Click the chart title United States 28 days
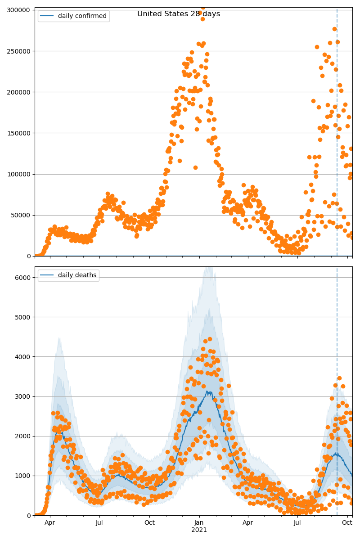(179, 14)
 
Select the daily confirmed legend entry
(82, 16)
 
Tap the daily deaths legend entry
(77, 275)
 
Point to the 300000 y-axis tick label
(19, 10)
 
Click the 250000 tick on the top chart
(19, 51)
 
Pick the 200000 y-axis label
(19, 92)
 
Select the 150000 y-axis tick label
(19, 133)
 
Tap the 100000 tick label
(19, 174)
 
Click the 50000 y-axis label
(21, 215)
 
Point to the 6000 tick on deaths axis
(23, 278)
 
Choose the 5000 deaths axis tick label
(23, 317)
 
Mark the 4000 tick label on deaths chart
(23, 357)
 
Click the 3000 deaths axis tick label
(23, 396)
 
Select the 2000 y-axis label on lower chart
(23, 436)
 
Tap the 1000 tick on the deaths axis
(23, 476)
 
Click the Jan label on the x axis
(199, 523)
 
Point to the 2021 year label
(199, 530)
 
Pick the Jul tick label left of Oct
(99, 523)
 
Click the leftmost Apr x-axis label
(50, 523)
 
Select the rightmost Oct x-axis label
(347, 523)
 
